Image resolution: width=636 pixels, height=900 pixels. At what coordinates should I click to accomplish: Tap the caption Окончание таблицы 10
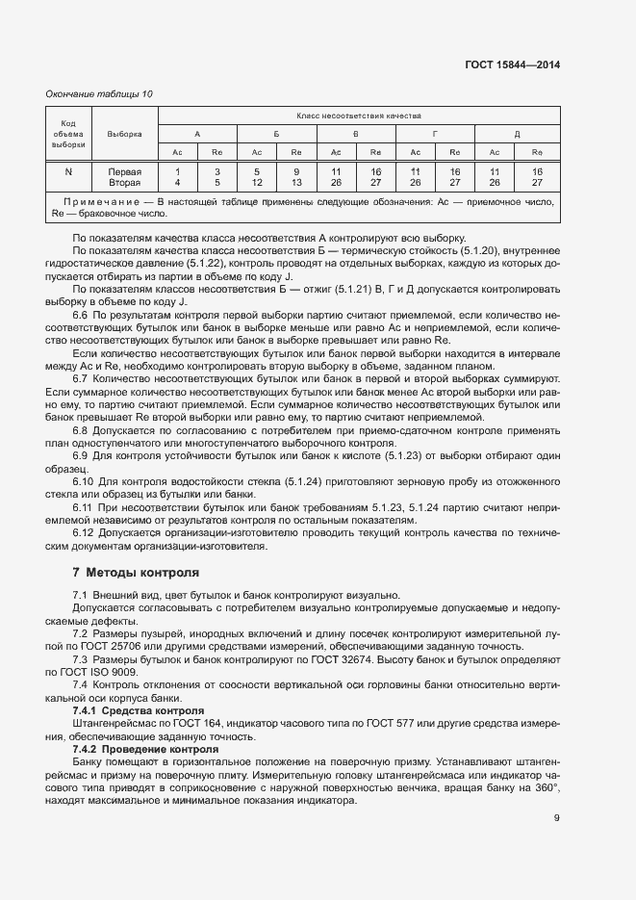point(99,94)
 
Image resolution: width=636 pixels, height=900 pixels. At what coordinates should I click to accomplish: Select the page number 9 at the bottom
point(557,819)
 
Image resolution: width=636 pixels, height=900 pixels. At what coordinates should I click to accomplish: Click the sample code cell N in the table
point(68,171)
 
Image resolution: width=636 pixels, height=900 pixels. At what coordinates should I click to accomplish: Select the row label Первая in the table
point(124,171)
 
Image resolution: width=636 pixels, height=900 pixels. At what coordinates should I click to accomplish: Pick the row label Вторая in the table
point(124,182)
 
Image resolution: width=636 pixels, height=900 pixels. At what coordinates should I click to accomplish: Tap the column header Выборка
point(124,134)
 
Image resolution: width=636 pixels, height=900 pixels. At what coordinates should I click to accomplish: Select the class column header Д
point(517,134)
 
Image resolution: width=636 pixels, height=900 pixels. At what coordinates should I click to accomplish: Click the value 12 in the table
point(257,182)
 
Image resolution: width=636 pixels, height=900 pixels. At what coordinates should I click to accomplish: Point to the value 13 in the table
point(296,182)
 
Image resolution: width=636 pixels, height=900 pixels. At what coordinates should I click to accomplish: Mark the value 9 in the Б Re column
point(296,171)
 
